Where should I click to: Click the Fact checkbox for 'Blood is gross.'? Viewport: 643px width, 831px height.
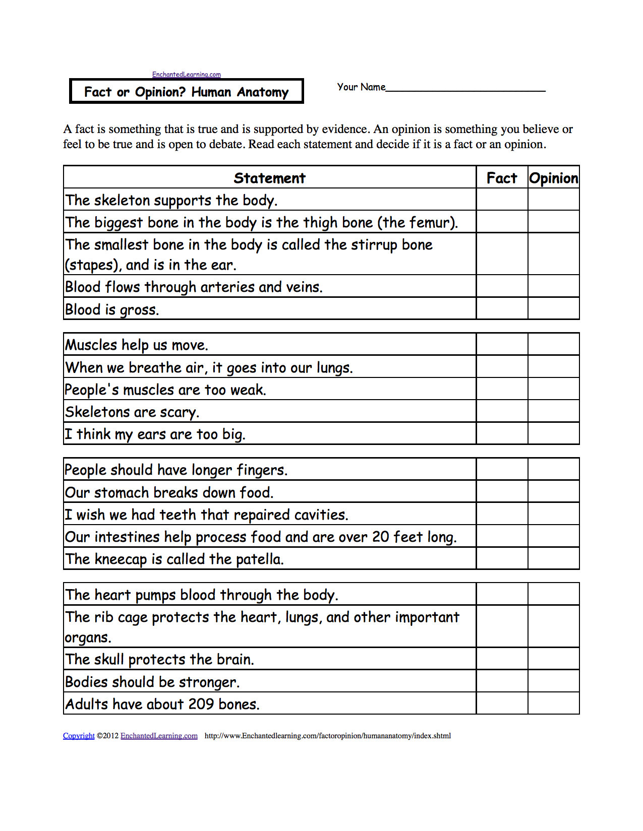pos(502,308)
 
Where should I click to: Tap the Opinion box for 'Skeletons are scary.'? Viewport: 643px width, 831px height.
pos(553,411)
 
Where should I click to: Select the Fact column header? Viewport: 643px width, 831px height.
pos(502,178)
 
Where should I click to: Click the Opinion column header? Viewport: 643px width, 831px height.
pos(553,178)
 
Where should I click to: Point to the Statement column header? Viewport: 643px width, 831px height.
pos(269,178)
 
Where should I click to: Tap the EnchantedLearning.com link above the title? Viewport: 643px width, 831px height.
pos(187,75)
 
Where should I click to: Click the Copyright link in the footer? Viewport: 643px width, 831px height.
pos(79,736)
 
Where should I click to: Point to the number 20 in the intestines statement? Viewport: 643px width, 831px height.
pos(381,537)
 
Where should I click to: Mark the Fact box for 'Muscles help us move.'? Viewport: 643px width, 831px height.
pos(502,344)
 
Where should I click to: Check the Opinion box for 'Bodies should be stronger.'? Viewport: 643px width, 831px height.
pos(553,681)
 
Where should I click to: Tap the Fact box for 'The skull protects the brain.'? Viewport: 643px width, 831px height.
pos(502,659)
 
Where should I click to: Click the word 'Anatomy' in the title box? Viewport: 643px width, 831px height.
pos(263,92)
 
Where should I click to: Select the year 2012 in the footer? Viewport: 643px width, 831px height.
pos(111,736)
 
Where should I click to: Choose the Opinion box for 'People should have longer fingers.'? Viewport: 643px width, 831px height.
pos(553,469)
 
